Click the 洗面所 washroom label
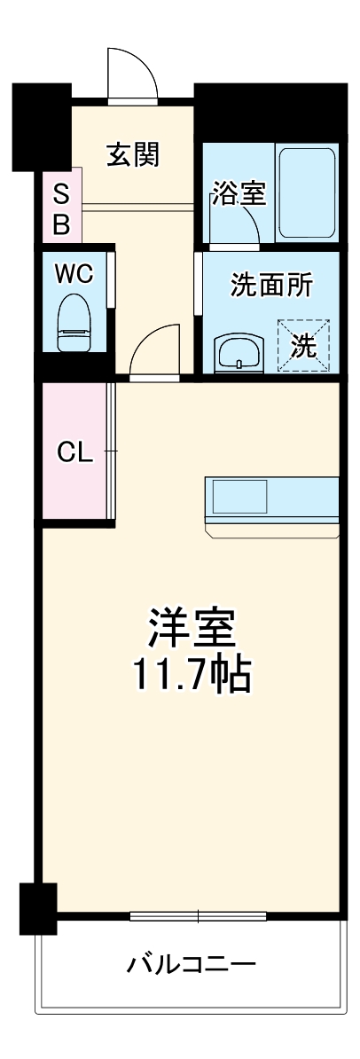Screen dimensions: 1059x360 coord(271,286)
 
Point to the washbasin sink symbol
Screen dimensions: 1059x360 coord(239,352)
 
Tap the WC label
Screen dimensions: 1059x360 coord(74,274)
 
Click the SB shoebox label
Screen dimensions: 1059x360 coord(61,208)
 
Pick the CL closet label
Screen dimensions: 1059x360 coord(74,452)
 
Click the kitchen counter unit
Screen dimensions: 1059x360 coord(271,504)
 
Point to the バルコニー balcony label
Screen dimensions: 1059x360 coord(191,962)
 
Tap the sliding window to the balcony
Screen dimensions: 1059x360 coord(199,915)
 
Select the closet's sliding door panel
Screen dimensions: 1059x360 coord(110,452)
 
